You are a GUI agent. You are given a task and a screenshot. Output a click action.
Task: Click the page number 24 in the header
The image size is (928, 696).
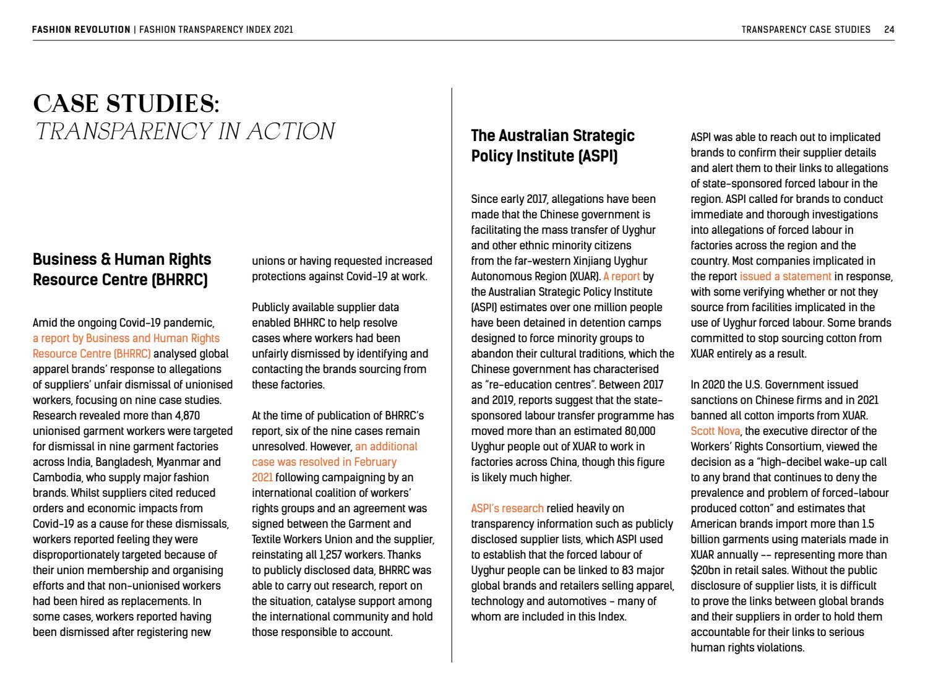pyautogui.click(x=889, y=29)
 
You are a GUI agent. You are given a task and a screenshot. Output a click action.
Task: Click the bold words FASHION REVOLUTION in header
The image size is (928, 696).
pyautogui.click(x=81, y=29)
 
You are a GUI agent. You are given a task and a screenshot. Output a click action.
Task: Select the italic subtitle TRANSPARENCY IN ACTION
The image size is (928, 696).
pyautogui.click(x=184, y=131)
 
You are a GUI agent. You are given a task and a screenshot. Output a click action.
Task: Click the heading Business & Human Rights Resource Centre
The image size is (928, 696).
pyautogui.click(x=122, y=269)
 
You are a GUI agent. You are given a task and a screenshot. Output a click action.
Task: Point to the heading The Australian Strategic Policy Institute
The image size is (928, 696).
pyautogui.click(x=552, y=145)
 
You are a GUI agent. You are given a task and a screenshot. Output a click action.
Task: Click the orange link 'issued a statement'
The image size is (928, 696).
pyautogui.click(x=785, y=277)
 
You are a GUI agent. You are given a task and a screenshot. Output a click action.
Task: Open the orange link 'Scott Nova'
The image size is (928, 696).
pyautogui.click(x=715, y=431)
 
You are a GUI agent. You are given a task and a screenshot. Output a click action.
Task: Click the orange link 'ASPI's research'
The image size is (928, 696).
pyautogui.click(x=507, y=509)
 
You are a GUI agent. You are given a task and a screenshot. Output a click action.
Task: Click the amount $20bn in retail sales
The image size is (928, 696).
pyautogui.click(x=704, y=570)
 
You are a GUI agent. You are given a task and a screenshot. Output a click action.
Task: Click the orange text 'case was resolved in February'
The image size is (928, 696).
pyautogui.click(x=324, y=462)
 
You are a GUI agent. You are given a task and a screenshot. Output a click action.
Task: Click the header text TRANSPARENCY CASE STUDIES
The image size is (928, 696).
pyautogui.click(x=806, y=29)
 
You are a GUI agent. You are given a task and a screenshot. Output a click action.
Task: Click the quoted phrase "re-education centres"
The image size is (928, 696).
pyautogui.click(x=530, y=385)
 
